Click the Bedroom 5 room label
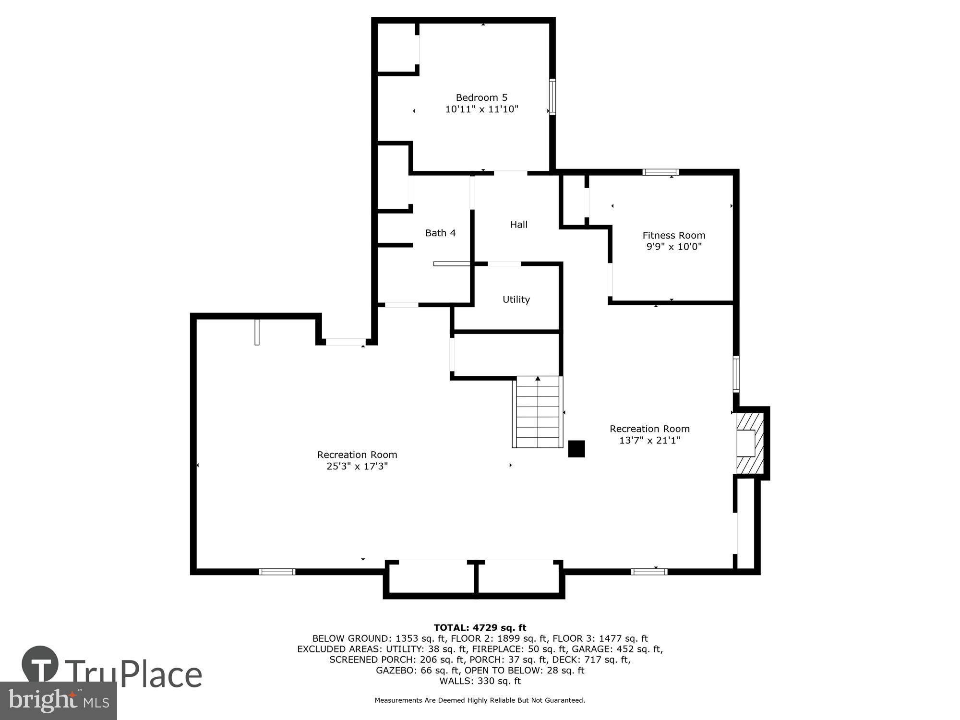tap(481, 97)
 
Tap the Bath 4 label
tap(440, 233)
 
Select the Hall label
tap(518, 224)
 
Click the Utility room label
tap(516, 299)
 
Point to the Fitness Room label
tap(673, 235)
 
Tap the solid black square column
tap(576, 449)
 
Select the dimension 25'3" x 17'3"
tap(357, 466)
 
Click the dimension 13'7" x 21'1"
tap(649, 440)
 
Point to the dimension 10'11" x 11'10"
tap(481, 109)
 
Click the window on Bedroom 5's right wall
tap(552, 96)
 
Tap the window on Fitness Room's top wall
tap(660, 172)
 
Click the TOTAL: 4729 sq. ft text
tap(480, 627)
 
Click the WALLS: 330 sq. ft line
tap(480, 681)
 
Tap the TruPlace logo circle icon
tap(40, 665)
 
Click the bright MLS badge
tap(58, 700)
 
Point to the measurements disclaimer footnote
tap(480, 700)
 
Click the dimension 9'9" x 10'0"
tap(673, 247)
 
